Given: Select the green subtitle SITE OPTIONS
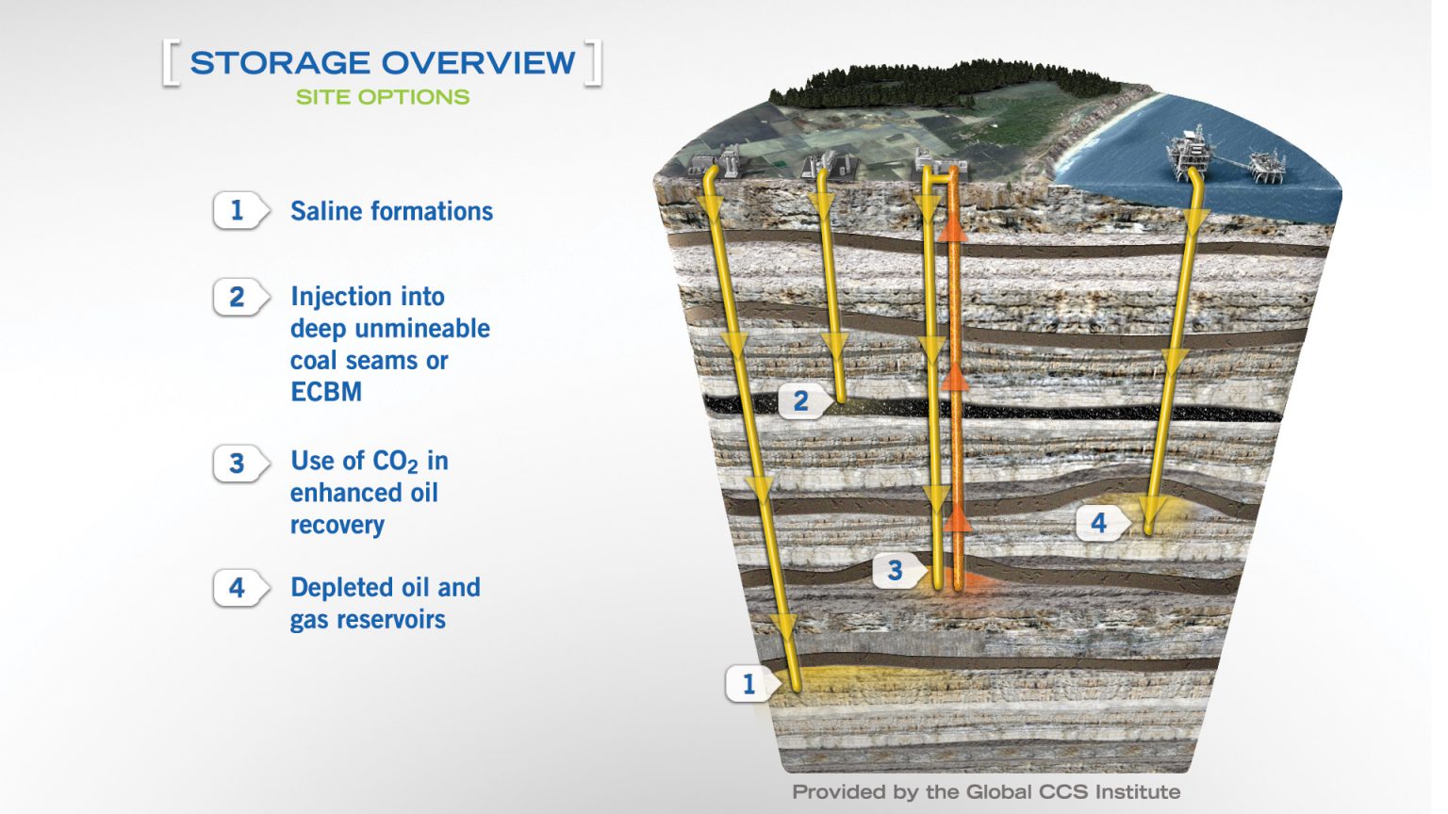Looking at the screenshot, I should [x=382, y=97].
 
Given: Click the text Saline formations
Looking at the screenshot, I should [x=391, y=211].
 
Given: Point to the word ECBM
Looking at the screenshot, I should [x=326, y=392].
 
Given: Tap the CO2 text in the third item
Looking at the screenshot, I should [x=395, y=462].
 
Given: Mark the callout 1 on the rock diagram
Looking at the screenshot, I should [x=749, y=684].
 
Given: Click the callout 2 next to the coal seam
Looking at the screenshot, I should [x=801, y=401].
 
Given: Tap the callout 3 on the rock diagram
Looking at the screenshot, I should [x=895, y=570].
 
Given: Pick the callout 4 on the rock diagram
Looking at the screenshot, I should [x=1098, y=523].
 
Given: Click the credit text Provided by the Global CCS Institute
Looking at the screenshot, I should [x=986, y=792].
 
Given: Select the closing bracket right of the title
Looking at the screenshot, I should [x=592, y=63].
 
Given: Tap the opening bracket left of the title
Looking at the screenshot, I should [x=171, y=63].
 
